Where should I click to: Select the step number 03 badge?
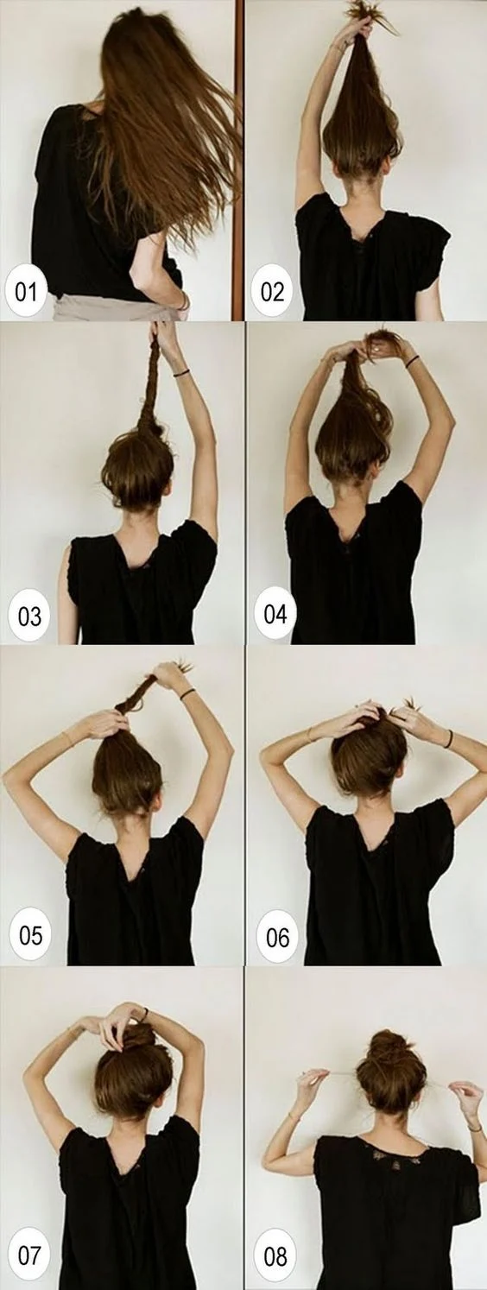[x=29, y=616]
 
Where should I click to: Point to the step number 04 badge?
[x=275, y=613]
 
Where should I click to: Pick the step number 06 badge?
[x=277, y=937]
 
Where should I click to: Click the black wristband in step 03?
[x=182, y=373]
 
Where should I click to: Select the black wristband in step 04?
[x=412, y=361]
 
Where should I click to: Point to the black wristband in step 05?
[x=187, y=694]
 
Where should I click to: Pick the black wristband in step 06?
[x=448, y=738]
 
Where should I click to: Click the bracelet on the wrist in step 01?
[x=184, y=301]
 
